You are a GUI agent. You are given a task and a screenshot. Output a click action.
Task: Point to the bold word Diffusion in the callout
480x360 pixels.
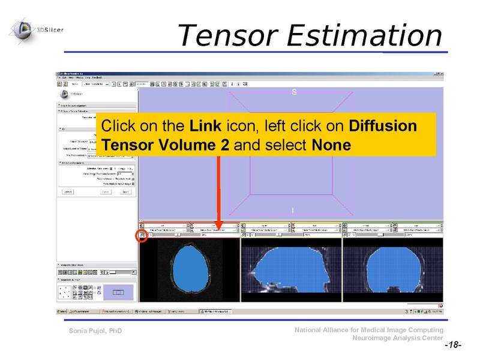(382, 127)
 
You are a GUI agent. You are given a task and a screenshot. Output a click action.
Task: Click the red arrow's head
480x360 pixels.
(219, 226)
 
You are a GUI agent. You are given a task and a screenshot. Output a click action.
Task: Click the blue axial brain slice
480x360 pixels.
(188, 268)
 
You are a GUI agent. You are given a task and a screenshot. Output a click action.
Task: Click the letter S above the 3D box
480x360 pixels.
(294, 92)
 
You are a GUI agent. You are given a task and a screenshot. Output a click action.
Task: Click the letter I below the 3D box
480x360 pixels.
(293, 211)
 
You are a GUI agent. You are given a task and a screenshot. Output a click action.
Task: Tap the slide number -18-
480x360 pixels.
(452, 346)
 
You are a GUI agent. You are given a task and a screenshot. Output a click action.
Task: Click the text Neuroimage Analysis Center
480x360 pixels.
(398, 338)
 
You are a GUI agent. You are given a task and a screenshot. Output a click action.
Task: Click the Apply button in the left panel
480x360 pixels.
(125, 192)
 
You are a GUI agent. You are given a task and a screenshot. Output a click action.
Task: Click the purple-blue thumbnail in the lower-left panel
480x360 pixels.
(118, 292)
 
